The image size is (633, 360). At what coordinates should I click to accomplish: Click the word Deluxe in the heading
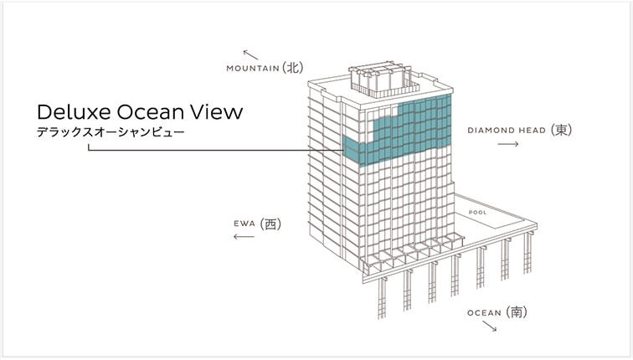point(74,112)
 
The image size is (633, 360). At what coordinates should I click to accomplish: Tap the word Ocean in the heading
point(150,112)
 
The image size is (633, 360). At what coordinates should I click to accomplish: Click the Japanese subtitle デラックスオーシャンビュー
point(111,132)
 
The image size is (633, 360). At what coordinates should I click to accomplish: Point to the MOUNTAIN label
point(253,68)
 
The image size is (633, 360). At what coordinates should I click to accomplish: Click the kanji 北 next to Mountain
point(293,68)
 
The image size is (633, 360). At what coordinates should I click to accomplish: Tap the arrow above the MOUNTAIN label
point(250,54)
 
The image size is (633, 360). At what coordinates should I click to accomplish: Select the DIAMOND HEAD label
point(507,131)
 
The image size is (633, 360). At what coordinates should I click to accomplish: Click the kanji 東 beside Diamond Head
point(561,130)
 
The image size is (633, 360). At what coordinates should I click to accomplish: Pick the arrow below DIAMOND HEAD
point(508,144)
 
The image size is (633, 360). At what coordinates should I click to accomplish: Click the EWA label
point(244,224)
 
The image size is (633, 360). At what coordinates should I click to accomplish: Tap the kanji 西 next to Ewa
point(270,224)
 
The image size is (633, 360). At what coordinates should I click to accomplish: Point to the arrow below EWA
point(244,236)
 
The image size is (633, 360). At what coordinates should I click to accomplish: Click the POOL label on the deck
point(477,213)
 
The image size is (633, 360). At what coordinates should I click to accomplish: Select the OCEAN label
point(484,313)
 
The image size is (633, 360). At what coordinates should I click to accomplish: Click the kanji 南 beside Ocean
point(517,312)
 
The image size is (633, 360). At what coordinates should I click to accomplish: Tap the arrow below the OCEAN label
point(489,327)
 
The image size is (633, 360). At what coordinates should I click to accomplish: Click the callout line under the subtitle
point(215,151)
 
